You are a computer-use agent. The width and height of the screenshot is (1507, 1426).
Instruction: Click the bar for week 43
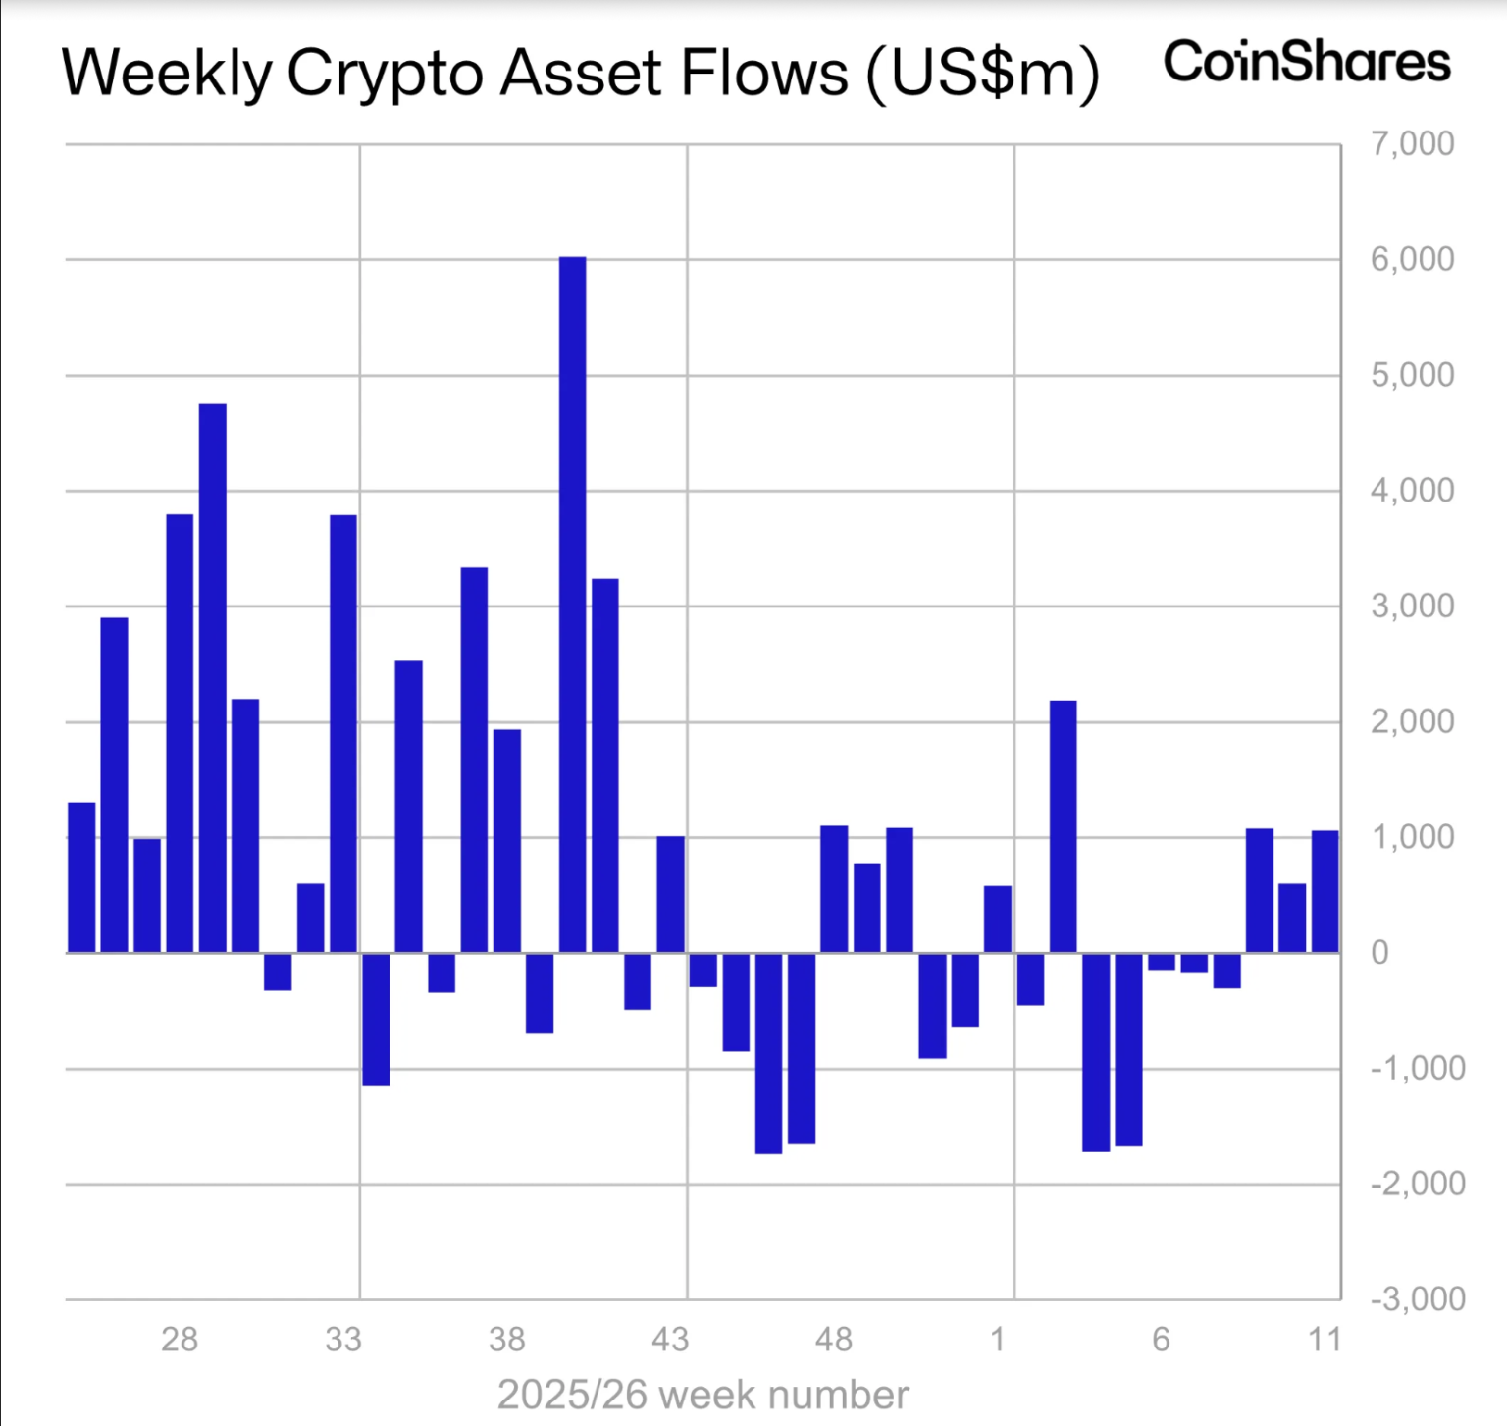[670, 894]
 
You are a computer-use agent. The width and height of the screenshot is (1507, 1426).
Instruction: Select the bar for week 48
[834, 889]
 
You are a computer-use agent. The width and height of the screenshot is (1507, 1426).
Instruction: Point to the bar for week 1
[998, 919]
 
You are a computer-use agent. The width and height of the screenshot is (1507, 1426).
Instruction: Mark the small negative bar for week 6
[1162, 962]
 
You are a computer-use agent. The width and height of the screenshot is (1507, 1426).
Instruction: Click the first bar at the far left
[81, 877]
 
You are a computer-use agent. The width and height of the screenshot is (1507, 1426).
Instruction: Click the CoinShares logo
[1306, 62]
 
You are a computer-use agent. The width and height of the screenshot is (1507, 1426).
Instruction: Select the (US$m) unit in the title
[982, 74]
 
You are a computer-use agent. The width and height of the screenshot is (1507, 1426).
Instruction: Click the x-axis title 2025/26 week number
[702, 1395]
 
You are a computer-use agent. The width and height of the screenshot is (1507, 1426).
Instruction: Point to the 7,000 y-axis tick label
[1412, 144]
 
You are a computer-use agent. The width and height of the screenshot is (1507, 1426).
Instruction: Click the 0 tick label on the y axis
[1379, 953]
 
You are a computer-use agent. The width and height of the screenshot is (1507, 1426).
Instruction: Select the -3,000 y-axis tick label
[1417, 1299]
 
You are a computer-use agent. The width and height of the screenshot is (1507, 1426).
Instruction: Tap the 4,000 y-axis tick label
[1412, 491]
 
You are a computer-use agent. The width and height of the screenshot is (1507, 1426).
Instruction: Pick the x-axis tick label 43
[670, 1340]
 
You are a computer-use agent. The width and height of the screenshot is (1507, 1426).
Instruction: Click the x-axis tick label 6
[1162, 1340]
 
